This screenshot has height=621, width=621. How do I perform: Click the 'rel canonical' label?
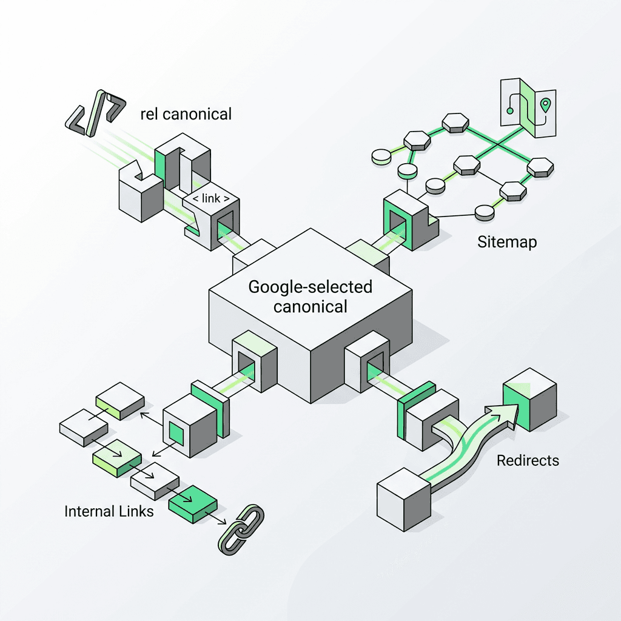(186, 113)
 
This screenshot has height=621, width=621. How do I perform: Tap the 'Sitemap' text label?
(507, 243)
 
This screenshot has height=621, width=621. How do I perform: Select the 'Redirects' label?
(528, 460)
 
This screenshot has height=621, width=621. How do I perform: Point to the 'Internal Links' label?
(109, 511)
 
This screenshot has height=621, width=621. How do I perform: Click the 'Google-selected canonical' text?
(310, 296)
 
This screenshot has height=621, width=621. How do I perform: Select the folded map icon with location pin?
(527, 107)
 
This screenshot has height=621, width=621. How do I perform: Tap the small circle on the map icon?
(510, 110)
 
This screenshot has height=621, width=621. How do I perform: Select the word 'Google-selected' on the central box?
(310, 286)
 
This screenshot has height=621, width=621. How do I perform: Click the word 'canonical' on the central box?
(310, 306)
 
